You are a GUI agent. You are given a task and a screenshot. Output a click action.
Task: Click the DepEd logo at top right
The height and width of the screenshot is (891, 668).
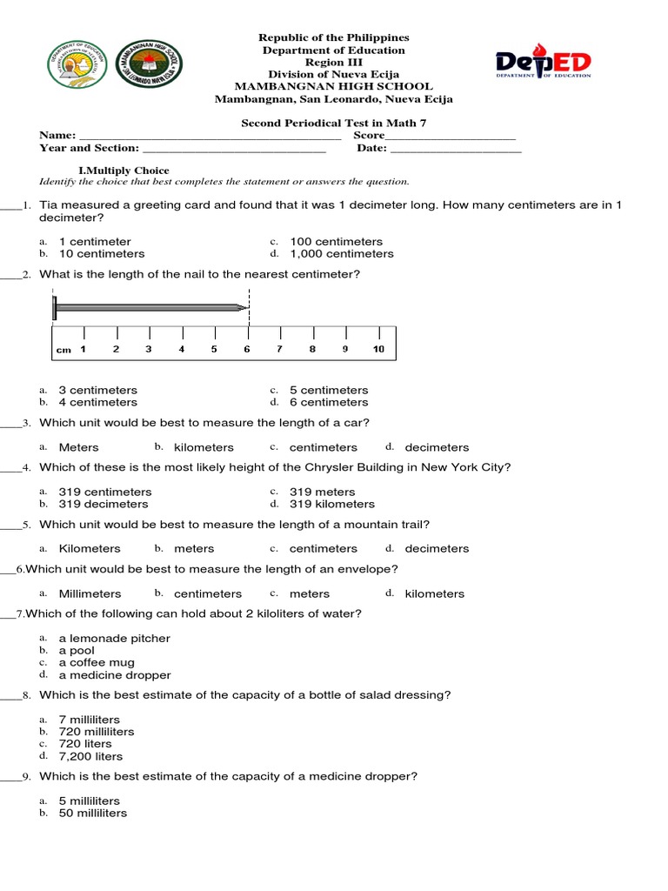tap(544, 63)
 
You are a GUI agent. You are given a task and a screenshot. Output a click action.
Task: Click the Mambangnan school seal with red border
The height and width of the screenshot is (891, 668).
tap(150, 67)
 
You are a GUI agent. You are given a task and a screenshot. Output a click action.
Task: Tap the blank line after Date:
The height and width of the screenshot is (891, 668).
tap(456, 150)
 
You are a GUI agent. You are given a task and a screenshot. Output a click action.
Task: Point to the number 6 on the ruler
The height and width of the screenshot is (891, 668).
tap(247, 349)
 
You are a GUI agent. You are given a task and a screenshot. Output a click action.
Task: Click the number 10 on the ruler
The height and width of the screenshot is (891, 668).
tap(378, 349)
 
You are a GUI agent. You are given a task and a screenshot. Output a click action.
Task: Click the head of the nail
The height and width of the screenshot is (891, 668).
tap(55, 306)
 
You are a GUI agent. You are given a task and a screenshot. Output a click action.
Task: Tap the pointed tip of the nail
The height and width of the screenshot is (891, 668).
tap(244, 306)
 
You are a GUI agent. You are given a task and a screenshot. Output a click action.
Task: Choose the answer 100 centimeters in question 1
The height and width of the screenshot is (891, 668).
tap(336, 242)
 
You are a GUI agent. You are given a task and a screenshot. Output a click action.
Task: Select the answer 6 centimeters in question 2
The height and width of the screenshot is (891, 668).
tap(329, 402)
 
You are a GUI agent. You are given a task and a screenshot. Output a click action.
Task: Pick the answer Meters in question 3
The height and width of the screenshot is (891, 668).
tap(79, 447)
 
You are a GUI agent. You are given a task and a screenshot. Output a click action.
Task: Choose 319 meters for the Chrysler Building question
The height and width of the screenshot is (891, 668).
tap(323, 492)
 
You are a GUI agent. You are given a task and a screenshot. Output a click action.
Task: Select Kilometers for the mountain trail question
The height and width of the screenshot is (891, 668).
tap(90, 548)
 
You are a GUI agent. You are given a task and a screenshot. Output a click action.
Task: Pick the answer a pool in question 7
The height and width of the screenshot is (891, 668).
tap(77, 650)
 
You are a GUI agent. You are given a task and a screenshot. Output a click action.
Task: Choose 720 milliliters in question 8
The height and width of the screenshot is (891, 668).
tap(97, 732)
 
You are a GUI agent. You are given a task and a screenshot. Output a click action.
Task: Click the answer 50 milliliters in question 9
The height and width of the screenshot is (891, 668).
tap(93, 813)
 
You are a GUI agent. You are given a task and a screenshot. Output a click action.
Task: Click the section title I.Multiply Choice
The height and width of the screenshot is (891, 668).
tap(124, 171)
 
